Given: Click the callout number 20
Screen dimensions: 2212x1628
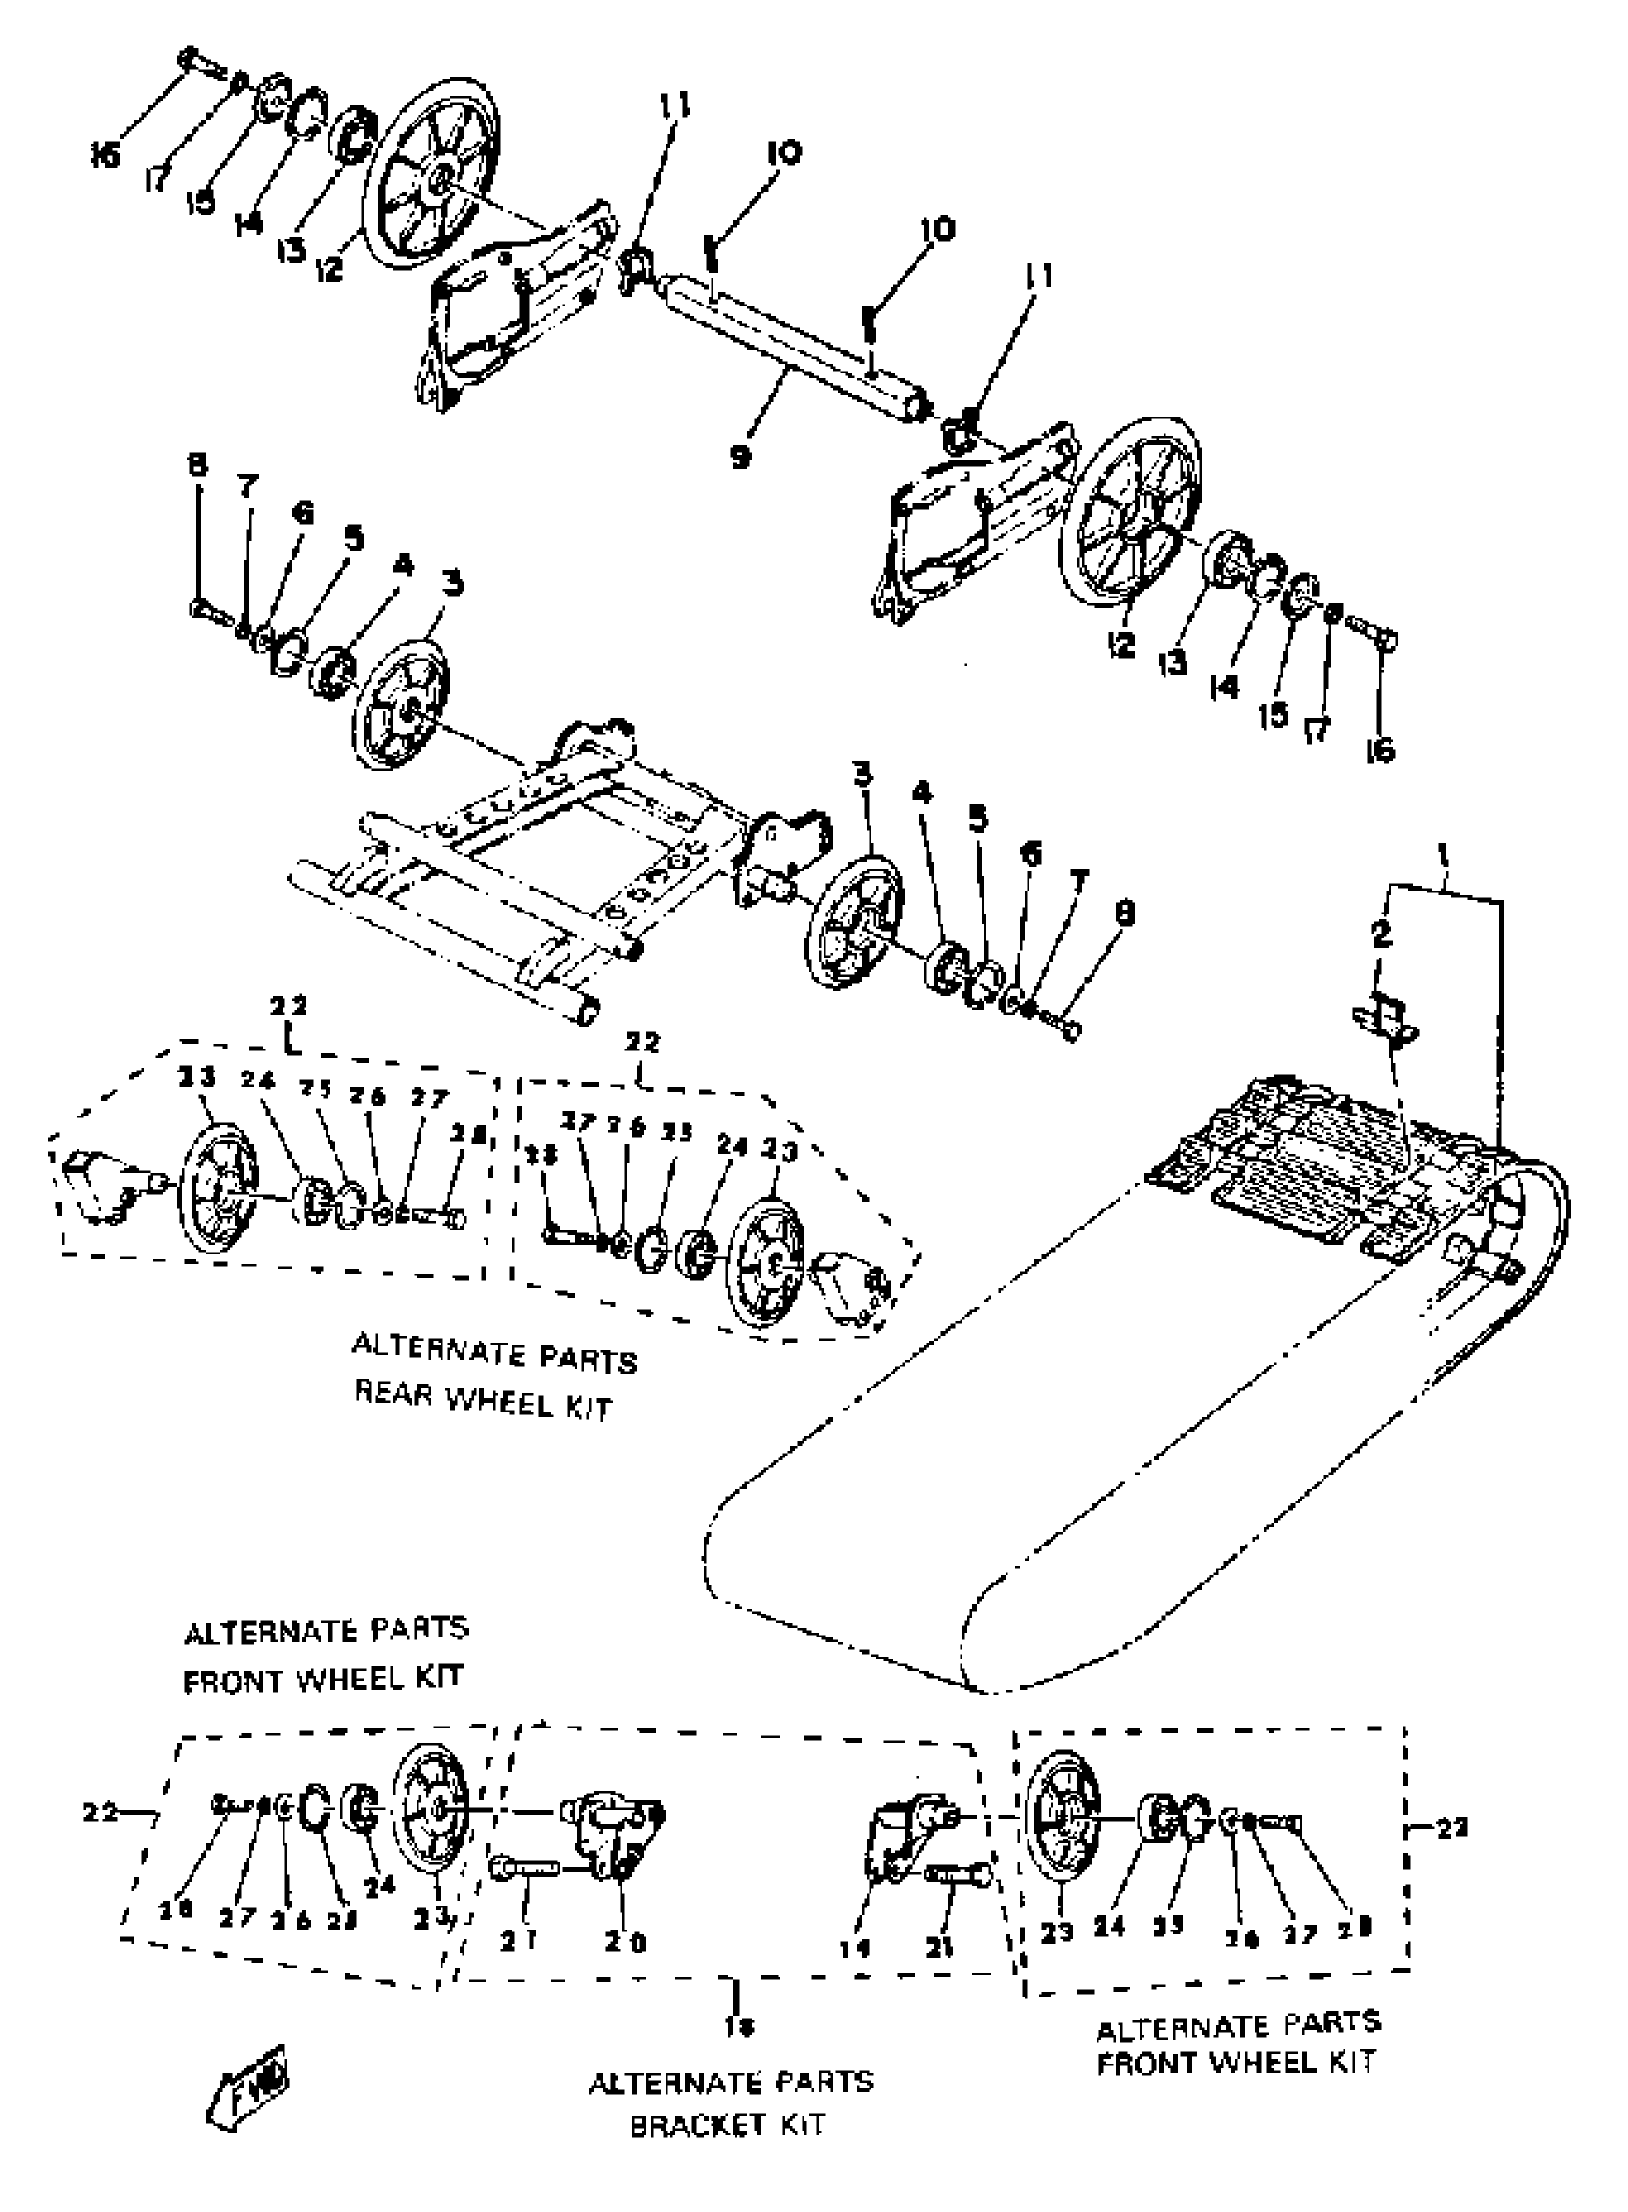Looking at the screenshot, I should [625, 1942].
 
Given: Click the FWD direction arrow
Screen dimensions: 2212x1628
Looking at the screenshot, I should [253, 2090].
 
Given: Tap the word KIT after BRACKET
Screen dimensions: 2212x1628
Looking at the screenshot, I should [802, 2126].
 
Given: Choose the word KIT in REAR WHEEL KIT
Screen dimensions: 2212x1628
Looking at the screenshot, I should [587, 1406].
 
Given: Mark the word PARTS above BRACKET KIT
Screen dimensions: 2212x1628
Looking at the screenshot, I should [823, 2082].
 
